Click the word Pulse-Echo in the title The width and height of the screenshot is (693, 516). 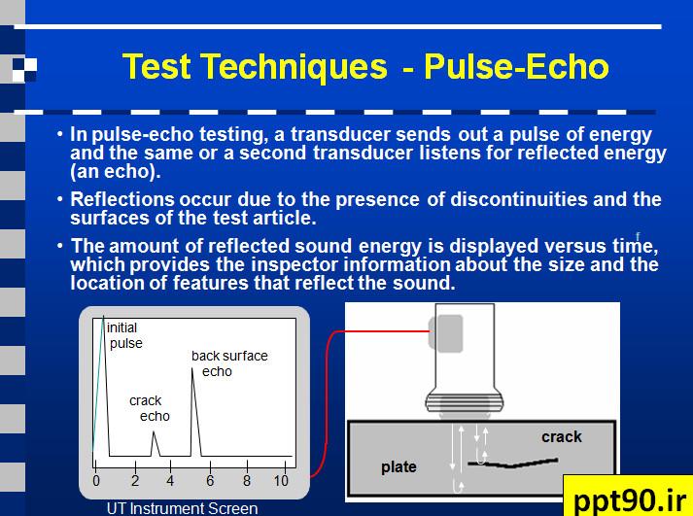pyautogui.click(x=516, y=66)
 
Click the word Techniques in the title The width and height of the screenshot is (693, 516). pyautogui.click(x=295, y=67)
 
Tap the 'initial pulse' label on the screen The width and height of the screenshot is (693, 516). pyautogui.click(x=124, y=335)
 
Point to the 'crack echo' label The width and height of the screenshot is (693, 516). pyautogui.click(x=150, y=408)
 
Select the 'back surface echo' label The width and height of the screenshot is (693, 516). pyautogui.click(x=229, y=363)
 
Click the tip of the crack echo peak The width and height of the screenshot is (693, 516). pyautogui.click(x=154, y=431)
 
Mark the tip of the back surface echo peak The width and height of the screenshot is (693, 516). pyautogui.click(x=192, y=368)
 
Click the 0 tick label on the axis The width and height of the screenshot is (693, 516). pyautogui.click(x=96, y=481)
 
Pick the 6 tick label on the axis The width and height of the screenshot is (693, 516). pyautogui.click(x=210, y=481)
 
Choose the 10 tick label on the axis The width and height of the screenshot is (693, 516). pyautogui.click(x=281, y=481)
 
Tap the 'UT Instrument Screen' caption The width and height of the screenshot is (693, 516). pyautogui.click(x=182, y=508)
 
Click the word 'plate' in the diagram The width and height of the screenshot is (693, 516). pyautogui.click(x=398, y=467)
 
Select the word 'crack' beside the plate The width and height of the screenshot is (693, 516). pyautogui.click(x=562, y=436)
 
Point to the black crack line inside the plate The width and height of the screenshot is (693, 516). pyautogui.click(x=512, y=464)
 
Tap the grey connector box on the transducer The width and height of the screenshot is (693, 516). pyautogui.click(x=446, y=333)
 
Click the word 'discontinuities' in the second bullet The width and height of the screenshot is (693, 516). pyautogui.click(x=519, y=199)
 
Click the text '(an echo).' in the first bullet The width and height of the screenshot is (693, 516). pyautogui.click(x=116, y=172)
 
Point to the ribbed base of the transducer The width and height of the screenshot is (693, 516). pyautogui.click(x=465, y=401)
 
